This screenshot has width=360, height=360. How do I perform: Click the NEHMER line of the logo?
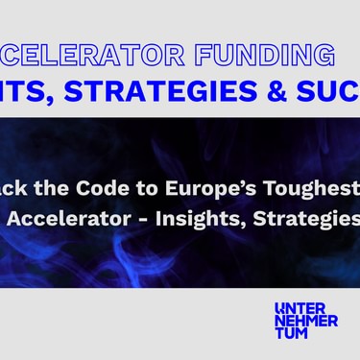point(305,321)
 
